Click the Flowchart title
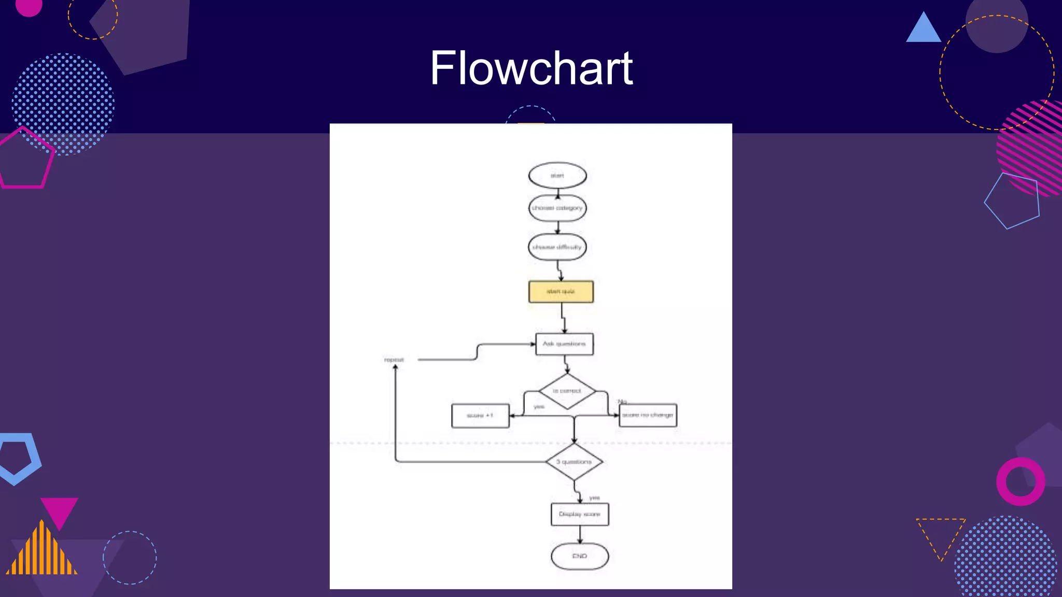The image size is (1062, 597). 531,68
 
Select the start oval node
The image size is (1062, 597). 557,176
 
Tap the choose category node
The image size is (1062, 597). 557,208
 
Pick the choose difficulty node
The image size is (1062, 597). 557,247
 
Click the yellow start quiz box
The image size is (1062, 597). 561,292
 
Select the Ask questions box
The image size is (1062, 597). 564,344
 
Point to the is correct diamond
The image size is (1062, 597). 567,391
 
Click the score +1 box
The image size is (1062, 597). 480,416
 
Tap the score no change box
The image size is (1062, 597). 648,416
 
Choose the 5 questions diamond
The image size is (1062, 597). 574,462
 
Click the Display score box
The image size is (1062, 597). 580,515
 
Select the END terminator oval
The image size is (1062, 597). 580,557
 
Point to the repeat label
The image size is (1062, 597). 394,360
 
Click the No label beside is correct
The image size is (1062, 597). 622,402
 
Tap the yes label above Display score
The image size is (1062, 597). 594,498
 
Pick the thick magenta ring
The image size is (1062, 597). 1020,481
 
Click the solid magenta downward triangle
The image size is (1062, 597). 59,510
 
